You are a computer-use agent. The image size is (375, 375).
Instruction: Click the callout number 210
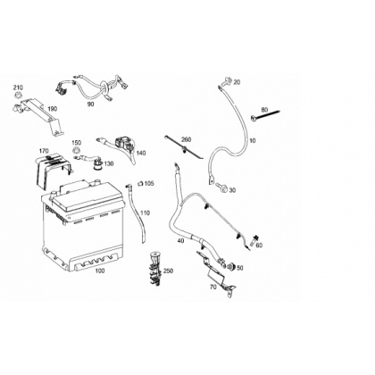coord(18,87)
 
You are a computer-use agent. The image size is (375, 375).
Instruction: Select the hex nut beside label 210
coord(18,96)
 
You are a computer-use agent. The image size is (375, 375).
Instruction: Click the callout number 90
coord(90,104)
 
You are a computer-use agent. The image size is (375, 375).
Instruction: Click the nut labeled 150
coord(77,150)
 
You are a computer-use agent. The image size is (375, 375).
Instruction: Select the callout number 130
coord(109,163)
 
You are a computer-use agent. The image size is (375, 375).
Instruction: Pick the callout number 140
coord(141,153)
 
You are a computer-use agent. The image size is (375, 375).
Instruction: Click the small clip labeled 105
coord(140,184)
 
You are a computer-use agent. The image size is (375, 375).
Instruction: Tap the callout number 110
coord(146,212)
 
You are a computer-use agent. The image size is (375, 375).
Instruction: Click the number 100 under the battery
coord(100,271)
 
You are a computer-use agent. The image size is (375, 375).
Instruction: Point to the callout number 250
coord(168,271)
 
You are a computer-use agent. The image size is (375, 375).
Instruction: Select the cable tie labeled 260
coord(184,147)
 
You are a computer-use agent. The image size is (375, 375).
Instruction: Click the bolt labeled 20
coord(227,79)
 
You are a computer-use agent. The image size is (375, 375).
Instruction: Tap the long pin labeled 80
coord(265,115)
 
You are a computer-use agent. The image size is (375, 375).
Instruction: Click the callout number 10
coord(252,140)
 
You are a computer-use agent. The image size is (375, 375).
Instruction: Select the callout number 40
coord(180,240)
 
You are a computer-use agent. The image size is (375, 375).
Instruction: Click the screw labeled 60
coord(254,239)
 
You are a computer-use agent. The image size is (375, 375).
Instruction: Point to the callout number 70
coord(212,287)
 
